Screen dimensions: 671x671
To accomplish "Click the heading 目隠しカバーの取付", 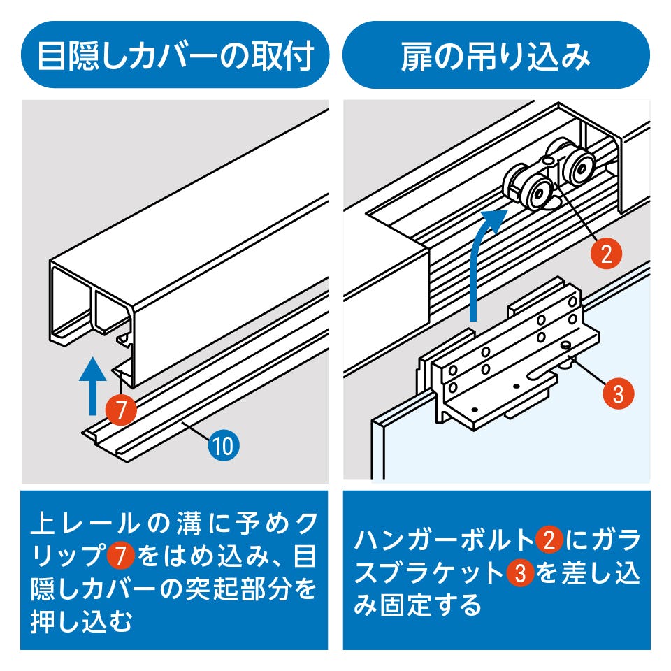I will (174, 55).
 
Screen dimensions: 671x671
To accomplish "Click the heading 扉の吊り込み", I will (496, 55).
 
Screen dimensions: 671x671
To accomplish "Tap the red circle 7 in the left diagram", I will (122, 410).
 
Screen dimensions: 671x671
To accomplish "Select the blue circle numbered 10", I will (223, 445).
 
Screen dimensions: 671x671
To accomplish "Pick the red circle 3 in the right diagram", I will (618, 393).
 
